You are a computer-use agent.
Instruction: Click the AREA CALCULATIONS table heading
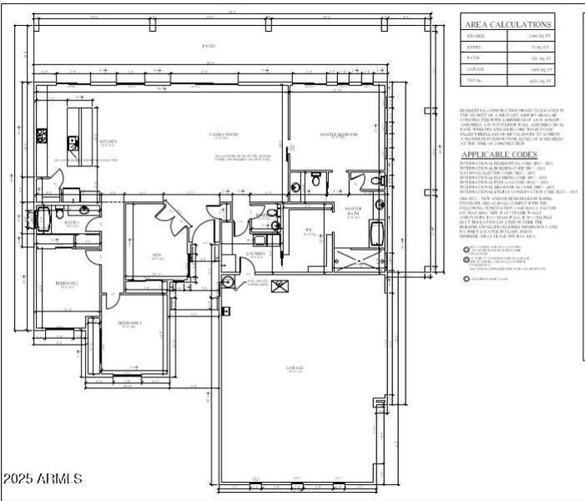tap(519, 25)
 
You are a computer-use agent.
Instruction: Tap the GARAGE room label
tap(295, 367)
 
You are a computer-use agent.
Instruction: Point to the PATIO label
tap(208, 46)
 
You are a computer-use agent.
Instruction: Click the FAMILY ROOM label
tap(224, 134)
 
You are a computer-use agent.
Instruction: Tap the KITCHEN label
tap(108, 142)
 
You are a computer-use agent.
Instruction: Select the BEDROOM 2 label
tap(67, 284)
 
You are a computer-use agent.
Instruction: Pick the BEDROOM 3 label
tap(129, 323)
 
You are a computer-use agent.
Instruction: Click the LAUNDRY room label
tap(255, 253)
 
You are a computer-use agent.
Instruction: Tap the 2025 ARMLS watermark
tap(43, 478)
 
